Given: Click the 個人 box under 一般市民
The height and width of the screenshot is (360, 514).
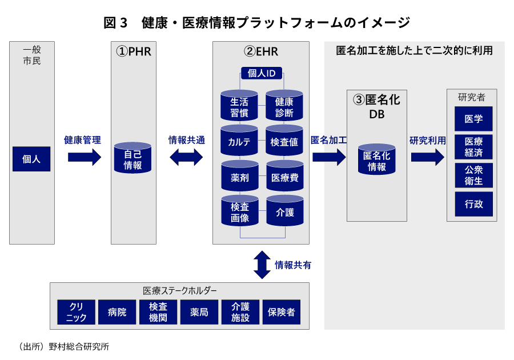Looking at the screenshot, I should click(x=31, y=159).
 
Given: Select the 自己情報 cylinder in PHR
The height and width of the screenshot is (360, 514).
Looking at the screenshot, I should click(x=132, y=159).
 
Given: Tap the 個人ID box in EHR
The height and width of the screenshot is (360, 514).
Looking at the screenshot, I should click(x=262, y=73).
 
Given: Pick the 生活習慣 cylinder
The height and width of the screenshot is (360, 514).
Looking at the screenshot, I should click(x=239, y=106).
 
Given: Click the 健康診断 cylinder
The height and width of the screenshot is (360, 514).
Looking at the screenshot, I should click(x=284, y=106).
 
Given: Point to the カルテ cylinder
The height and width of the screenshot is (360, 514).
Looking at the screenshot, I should click(x=239, y=142).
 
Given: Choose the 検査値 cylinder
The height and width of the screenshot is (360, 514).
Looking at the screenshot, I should click(x=284, y=142).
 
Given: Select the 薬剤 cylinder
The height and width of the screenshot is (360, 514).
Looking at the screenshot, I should click(x=239, y=177).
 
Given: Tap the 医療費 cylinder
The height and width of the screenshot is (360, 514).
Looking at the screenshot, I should click(x=284, y=177).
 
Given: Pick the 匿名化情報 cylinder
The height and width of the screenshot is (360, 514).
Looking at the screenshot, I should click(x=377, y=160).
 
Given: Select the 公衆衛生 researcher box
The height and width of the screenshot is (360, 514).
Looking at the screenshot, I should click(x=473, y=175).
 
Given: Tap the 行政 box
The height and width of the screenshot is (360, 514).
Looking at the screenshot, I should click(x=473, y=204).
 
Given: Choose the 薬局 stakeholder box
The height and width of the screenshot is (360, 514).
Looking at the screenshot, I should click(x=199, y=312).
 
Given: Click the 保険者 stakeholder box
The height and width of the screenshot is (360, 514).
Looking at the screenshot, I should click(x=281, y=312).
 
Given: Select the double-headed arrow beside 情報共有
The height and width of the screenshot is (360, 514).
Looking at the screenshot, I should click(x=262, y=265).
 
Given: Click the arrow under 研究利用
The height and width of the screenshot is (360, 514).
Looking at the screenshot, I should click(x=428, y=156).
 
